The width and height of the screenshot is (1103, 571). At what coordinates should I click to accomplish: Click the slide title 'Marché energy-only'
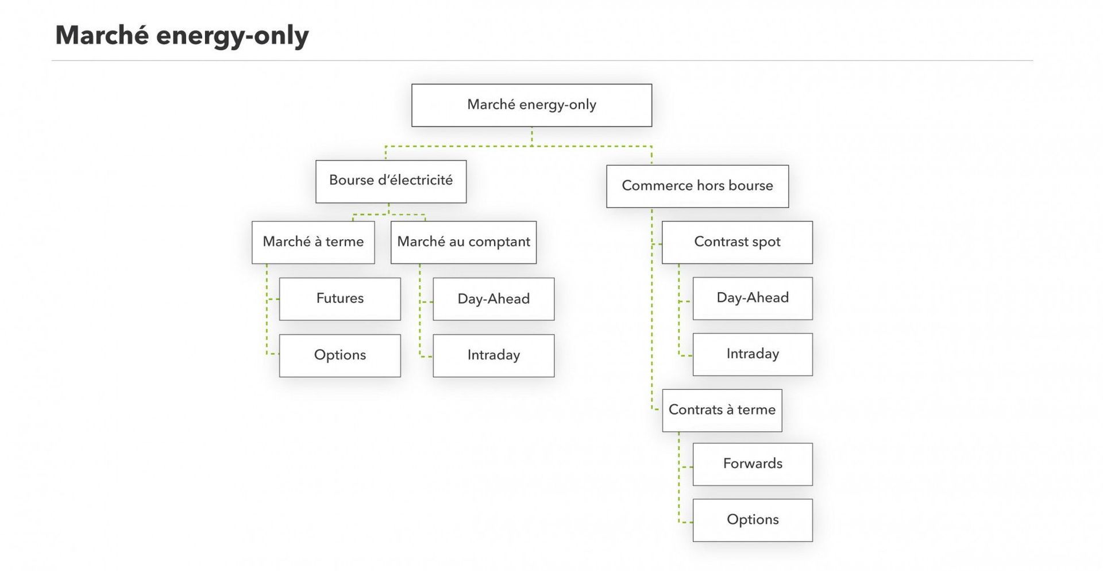(182, 36)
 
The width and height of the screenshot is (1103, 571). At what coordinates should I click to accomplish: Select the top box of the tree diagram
(531, 105)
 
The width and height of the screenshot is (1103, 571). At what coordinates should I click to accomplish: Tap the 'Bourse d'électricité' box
(391, 181)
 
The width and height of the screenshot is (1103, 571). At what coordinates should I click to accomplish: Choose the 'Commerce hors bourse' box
(697, 186)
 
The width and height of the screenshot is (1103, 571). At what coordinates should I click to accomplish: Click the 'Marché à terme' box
(313, 242)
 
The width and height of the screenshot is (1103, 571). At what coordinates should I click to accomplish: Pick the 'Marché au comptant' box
(464, 242)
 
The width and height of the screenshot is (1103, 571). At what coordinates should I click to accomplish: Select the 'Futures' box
(340, 299)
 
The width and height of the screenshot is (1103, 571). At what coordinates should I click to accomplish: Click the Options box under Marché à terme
(340, 355)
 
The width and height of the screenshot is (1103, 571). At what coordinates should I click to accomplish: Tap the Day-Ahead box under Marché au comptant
(493, 299)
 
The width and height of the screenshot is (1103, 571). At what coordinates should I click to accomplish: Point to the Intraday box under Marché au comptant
(493, 355)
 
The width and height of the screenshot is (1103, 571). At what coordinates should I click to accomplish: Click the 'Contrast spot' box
(737, 242)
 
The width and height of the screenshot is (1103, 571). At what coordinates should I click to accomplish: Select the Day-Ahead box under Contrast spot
(753, 298)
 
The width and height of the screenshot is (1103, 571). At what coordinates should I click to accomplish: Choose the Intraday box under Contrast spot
(753, 354)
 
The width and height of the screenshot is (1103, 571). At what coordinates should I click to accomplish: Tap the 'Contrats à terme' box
(722, 411)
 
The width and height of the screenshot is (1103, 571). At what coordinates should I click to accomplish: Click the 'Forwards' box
(753, 464)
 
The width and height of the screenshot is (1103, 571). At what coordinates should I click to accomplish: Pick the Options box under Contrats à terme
(753, 520)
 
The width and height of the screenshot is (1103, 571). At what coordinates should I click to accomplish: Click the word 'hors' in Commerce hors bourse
(710, 186)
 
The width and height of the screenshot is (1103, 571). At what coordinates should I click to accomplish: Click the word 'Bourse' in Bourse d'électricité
(351, 180)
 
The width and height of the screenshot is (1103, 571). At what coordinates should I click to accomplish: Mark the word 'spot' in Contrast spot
(766, 242)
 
